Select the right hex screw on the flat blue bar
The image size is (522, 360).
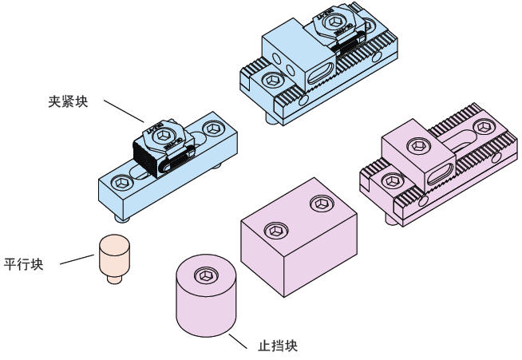pos(212,128)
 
